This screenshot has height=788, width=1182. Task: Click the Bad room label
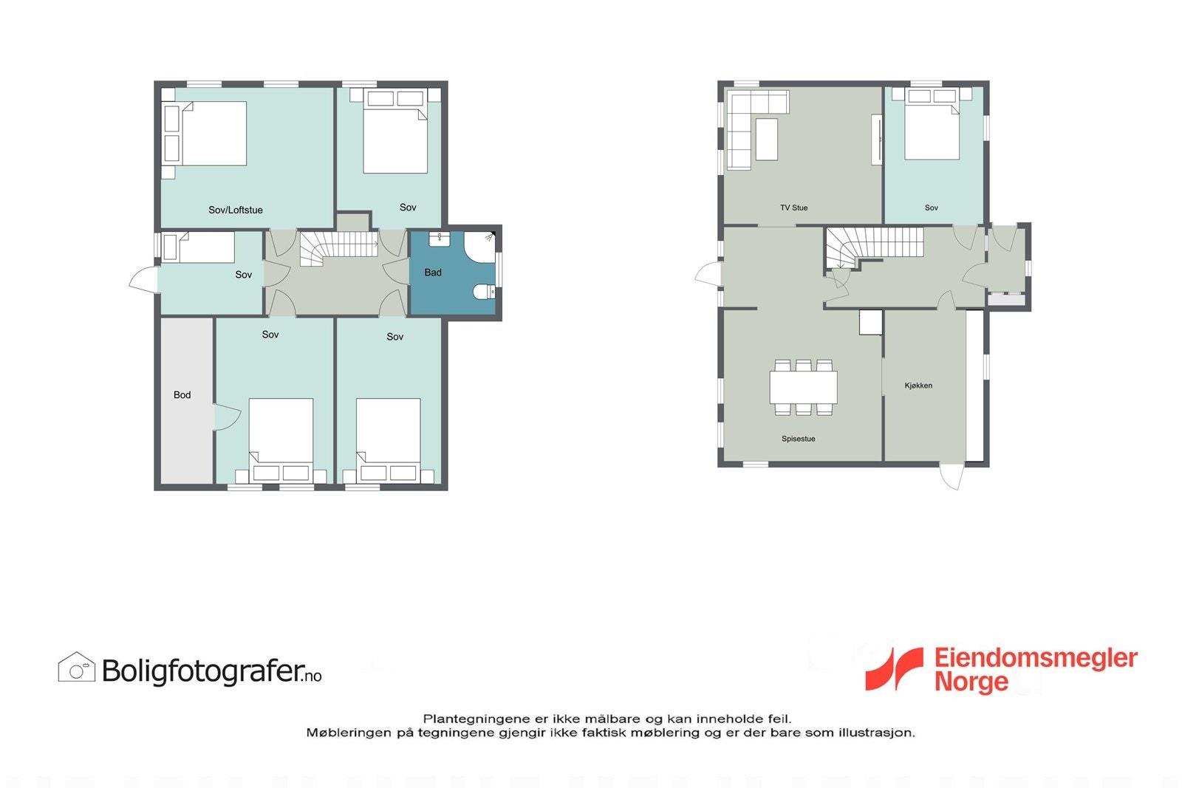pos(433,273)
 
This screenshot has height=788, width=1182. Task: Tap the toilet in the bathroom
pos(485,291)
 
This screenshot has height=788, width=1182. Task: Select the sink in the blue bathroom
pos(440,239)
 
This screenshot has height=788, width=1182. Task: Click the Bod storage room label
pos(182,395)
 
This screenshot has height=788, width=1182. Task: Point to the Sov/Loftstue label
pos(235,210)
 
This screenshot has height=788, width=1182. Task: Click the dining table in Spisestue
pos(803,387)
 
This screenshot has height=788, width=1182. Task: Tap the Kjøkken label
pos(918,386)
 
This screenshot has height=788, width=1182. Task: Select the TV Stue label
pos(794,208)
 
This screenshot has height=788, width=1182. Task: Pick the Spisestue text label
pos(799,439)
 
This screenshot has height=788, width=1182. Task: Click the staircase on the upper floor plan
pos(340,247)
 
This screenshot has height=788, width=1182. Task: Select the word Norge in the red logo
pos(971,682)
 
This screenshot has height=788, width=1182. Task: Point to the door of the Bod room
pos(227,417)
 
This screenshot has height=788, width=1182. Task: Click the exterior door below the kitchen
pos(951,476)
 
